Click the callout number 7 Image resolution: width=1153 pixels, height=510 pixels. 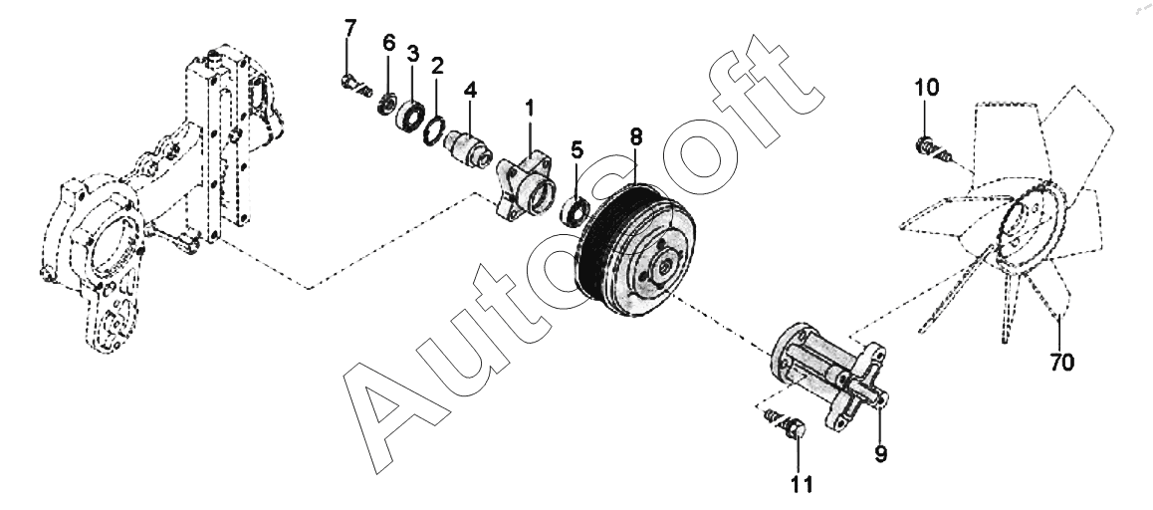coord(348,27)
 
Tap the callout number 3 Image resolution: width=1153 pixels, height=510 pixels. coord(411,52)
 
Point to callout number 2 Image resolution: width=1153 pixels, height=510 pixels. coord(436,66)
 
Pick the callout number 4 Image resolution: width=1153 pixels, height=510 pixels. coord(470,89)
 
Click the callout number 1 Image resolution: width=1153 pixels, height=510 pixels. coord(530,105)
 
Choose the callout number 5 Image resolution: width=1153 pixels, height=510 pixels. coord(576,149)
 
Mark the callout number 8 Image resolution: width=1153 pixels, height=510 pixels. coord(635,136)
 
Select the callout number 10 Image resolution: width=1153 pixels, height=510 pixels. coord(926,88)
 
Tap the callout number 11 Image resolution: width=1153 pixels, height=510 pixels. coord(802,485)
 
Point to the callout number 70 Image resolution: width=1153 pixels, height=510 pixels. coord(1061,363)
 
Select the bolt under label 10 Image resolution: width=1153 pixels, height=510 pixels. coord(926,148)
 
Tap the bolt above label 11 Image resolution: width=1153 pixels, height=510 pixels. coord(793,429)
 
